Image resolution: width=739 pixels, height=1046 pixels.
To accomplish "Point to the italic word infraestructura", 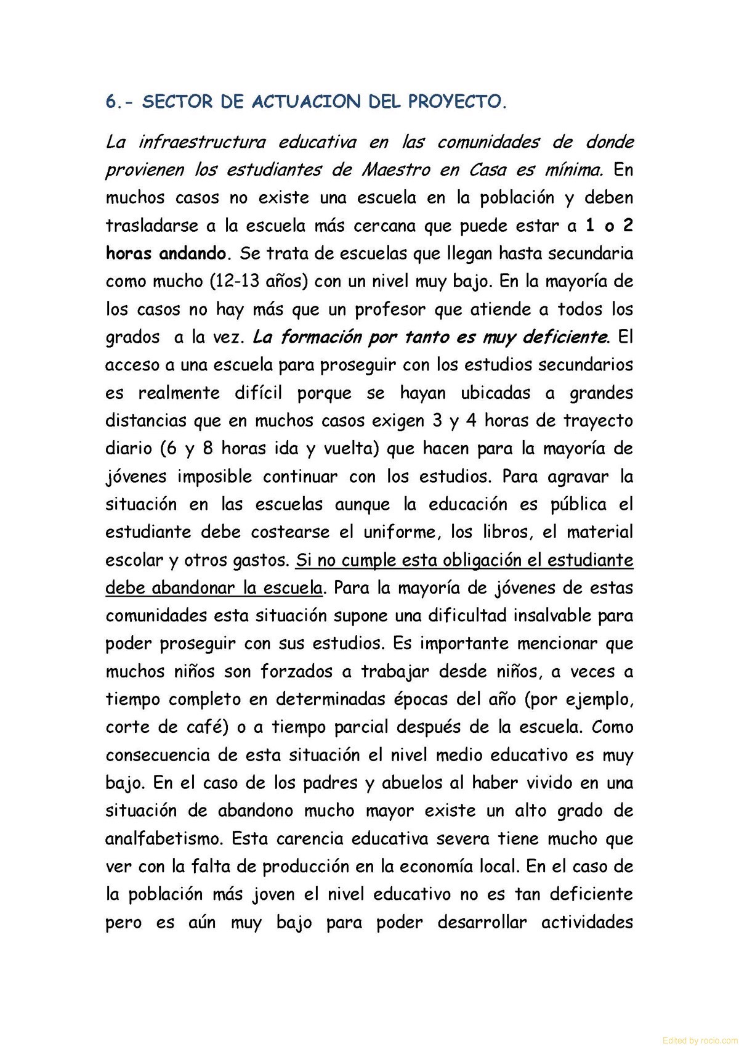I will click(x=202, y=142).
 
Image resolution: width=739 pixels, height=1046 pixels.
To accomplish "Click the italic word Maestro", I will click(x=395, y=170).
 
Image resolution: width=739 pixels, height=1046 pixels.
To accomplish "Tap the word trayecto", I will click(x=598, y=420).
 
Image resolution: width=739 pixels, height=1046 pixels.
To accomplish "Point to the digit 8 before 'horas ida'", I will click(x=208, y=448).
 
